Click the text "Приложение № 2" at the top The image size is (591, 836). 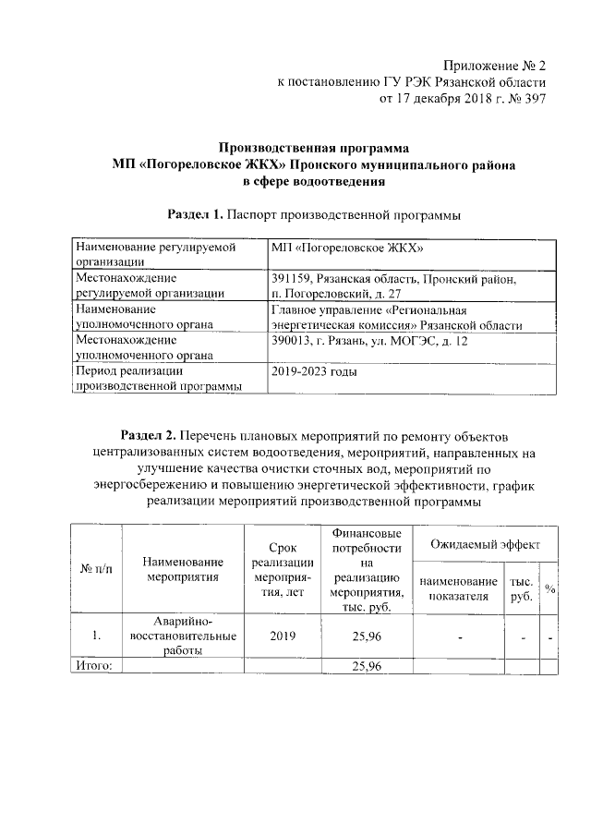494,66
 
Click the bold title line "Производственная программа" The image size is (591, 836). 313,148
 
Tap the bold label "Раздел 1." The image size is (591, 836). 195,215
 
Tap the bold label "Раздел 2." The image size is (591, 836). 150,435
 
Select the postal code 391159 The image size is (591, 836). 291,278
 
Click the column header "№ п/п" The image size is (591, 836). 95,570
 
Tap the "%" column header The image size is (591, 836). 549,589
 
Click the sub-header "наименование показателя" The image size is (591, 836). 452,588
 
